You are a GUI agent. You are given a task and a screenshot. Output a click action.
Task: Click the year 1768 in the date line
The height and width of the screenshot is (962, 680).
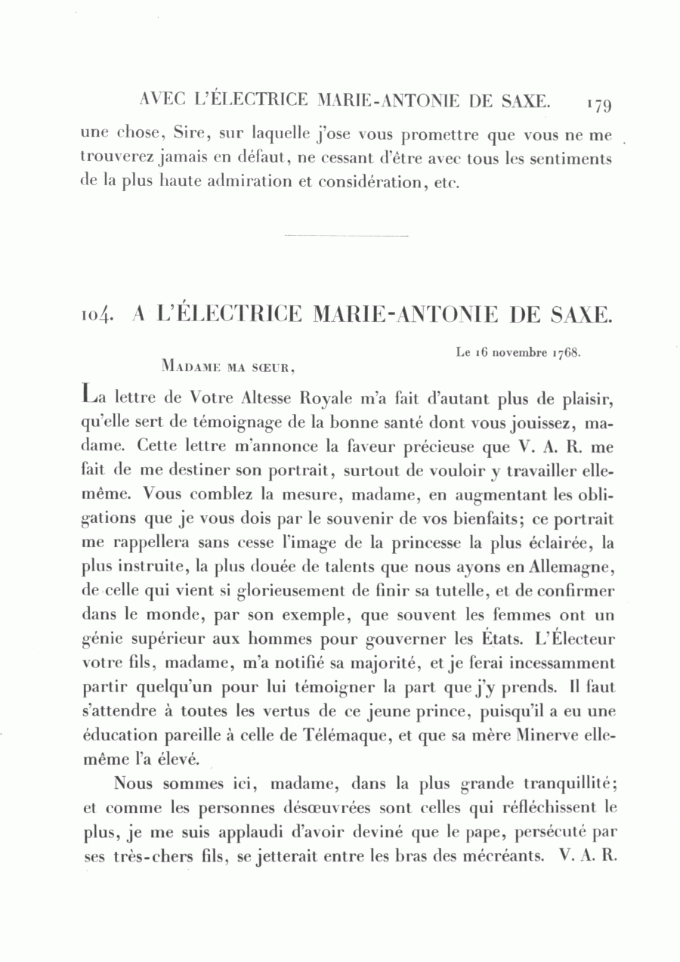click(x=565, y=352)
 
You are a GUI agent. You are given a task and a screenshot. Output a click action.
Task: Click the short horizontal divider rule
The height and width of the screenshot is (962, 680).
click(x=347, y=237)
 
